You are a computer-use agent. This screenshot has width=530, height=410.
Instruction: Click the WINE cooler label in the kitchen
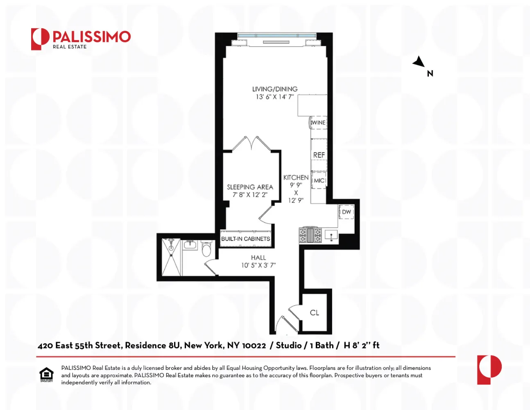coord(319,123)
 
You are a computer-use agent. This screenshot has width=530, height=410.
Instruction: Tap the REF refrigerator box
coord(319,155)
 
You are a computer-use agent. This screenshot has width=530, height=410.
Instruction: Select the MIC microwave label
coord(319,180)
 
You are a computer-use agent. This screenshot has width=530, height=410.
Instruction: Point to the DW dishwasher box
coord(347,212)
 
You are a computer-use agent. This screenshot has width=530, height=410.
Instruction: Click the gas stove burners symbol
coord(310,235)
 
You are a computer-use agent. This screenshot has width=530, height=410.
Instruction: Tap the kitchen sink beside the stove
coord(331,235)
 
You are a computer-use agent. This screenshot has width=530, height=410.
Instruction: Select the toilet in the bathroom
coord(206,248)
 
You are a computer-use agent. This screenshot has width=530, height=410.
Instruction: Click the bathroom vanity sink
coord(190,245)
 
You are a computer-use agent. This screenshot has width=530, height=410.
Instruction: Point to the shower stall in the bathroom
coord(171,257)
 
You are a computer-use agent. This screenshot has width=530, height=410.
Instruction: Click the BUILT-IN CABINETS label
coord(246,239)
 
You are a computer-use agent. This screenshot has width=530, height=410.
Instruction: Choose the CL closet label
coord(315,312)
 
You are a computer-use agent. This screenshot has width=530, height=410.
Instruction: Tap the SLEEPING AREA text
coord(250,187)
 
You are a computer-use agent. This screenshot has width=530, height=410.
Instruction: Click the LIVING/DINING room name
coord(275,89)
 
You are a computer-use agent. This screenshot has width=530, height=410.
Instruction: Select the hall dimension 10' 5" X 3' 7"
coord(258,265)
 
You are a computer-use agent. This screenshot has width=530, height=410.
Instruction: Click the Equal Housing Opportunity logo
coord(46,375)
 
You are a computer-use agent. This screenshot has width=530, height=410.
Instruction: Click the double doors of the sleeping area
coord(251,143)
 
